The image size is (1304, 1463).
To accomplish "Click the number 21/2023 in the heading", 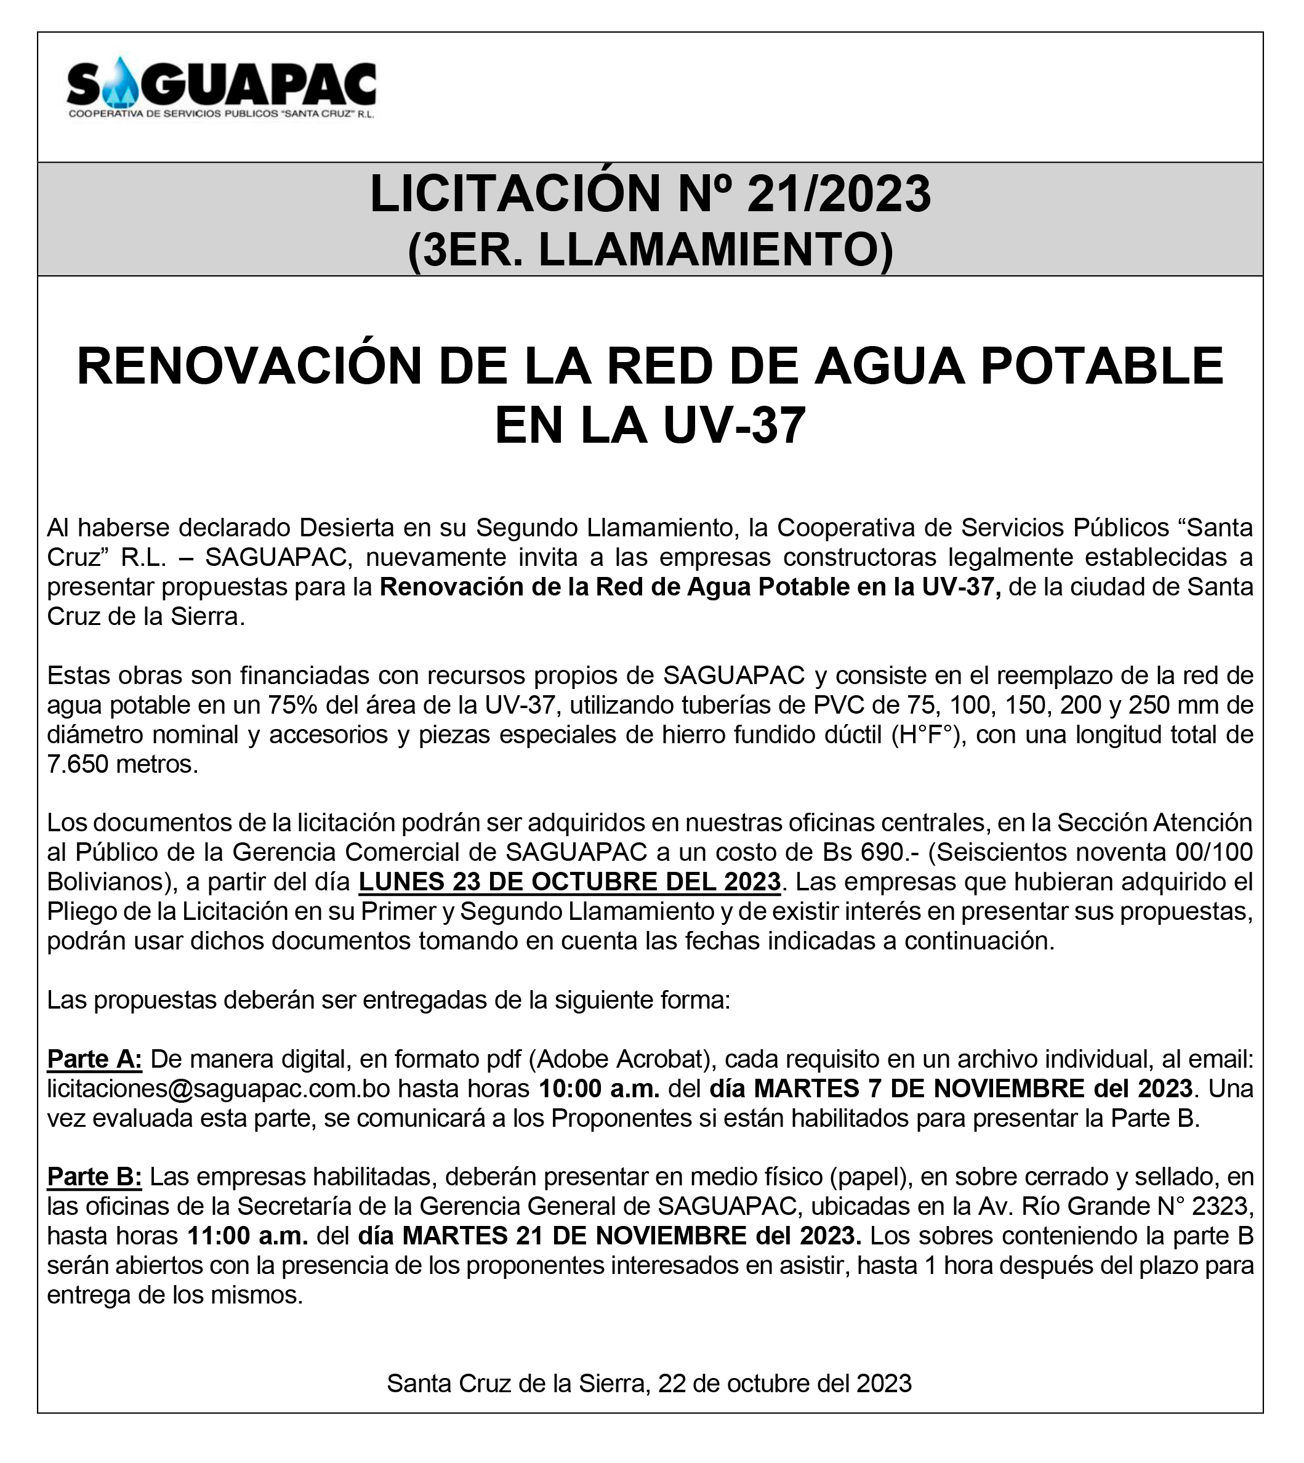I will pyautogui.click(x=839, y=194).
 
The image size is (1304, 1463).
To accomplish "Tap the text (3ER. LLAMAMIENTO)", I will pyautogui.click(x=651, y=250).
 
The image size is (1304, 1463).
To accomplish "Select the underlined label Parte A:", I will pyautogui.click(x=95, y=1059).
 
